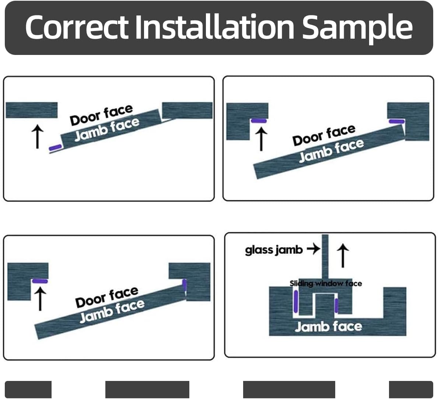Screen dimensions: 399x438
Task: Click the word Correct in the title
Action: pos(77,27)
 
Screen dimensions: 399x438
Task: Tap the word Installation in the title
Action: pos(215,27)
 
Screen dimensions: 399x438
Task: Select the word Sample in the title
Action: pos(357,28)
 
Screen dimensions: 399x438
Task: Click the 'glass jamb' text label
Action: pos(274,250)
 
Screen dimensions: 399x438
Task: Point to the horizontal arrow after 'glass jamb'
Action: pos(313,249)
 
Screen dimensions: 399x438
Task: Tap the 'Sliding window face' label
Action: pos(326,283)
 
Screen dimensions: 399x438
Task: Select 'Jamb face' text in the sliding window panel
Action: pos(328,326)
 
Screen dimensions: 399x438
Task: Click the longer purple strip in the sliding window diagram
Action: pos(295,301)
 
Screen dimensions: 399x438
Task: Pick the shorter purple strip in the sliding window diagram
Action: pos(336,305)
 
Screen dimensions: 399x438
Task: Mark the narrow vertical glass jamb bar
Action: pos(325,256)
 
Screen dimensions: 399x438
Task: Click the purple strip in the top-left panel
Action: pos(55,148)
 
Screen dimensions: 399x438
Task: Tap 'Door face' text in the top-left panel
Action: pos(101,115)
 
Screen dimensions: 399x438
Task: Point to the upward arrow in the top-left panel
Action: pos(37,136)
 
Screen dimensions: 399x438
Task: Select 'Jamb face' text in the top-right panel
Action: pos(331,150)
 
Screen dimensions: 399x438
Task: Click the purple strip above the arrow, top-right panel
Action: pos(259,121)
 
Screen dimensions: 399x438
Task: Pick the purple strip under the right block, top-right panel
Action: pos(397,121)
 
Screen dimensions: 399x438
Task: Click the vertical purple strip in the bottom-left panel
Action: pos(185,285)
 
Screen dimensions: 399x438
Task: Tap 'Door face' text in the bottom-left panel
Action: pos(107,297)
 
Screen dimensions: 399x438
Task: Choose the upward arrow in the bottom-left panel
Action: pos(40,298)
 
